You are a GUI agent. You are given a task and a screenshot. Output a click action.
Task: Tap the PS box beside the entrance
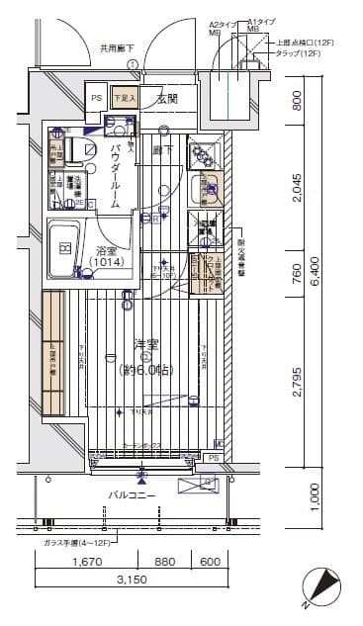coord(96,99)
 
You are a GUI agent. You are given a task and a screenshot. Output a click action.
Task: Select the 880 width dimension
coord(165,563)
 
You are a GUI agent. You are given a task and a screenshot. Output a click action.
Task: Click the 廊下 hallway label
coord(163,149)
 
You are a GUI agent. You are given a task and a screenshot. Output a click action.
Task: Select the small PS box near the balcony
coord(213,458)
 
